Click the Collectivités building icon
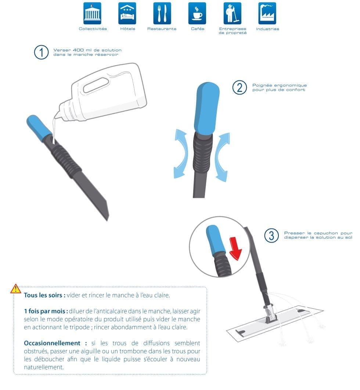(x=92, y=13)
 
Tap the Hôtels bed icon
(x=127, y=13)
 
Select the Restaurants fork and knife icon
(x=162, y=13)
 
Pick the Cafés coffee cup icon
(x=197, y=13)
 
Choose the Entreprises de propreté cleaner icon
(x=232, y=13)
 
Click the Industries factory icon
(x=267, y=13)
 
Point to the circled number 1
(x=41, y=52)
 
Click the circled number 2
(x=240, y=87)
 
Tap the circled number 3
(x=271, y=236)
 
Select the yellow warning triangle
(x=16, y=289)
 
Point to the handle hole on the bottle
(x=96, y=85)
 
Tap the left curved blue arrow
(x=181, y=153)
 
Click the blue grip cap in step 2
(x=206, y=108)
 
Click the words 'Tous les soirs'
(x=43, y=295)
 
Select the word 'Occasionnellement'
(x=52, y=343)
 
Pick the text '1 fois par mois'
(x=45, y=311)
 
